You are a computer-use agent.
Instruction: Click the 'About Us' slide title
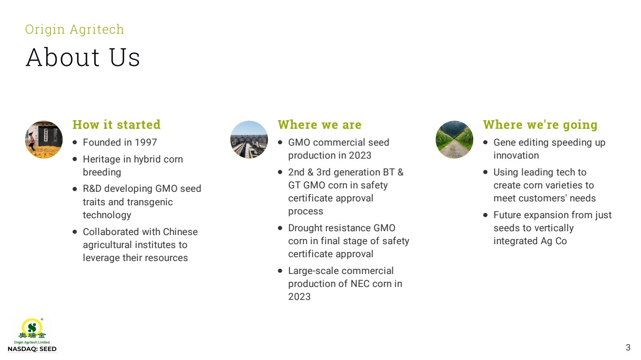(83, 58)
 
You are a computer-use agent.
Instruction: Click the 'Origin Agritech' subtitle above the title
(75, 29)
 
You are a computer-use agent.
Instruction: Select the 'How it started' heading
(116, 124)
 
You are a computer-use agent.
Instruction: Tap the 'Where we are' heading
(320, 124)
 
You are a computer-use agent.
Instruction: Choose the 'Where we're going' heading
(540, 125)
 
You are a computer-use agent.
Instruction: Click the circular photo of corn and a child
(44, 139)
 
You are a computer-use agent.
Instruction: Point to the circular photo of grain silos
(249, 139)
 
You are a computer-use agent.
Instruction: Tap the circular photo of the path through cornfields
(454, 139)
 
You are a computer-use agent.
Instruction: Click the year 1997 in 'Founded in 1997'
(146, 142)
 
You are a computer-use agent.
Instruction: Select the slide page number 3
(628, 348)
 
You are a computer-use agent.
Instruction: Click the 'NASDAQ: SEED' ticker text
(32, 349)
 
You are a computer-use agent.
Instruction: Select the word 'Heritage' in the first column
(101, 160)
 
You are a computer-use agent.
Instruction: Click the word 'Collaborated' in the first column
(111, 232)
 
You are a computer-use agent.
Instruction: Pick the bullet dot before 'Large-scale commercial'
(280, 271)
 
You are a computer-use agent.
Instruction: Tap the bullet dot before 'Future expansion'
(485, 215)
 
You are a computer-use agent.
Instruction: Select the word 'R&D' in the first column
(92, 189)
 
